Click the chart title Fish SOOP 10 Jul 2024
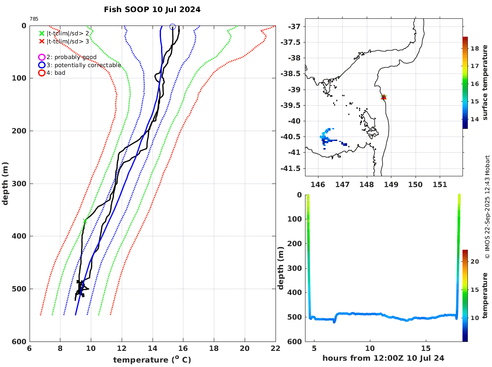click(152, 9)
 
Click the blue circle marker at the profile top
click(173, 27)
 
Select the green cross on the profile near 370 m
click(85, 221)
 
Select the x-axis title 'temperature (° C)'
click(152, 360)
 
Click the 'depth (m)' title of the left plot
click(5, 183)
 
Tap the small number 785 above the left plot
click(34, 19)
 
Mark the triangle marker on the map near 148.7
click(384, 97)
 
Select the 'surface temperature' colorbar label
click(485, 83)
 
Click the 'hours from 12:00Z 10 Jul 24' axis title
click(383, 358)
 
